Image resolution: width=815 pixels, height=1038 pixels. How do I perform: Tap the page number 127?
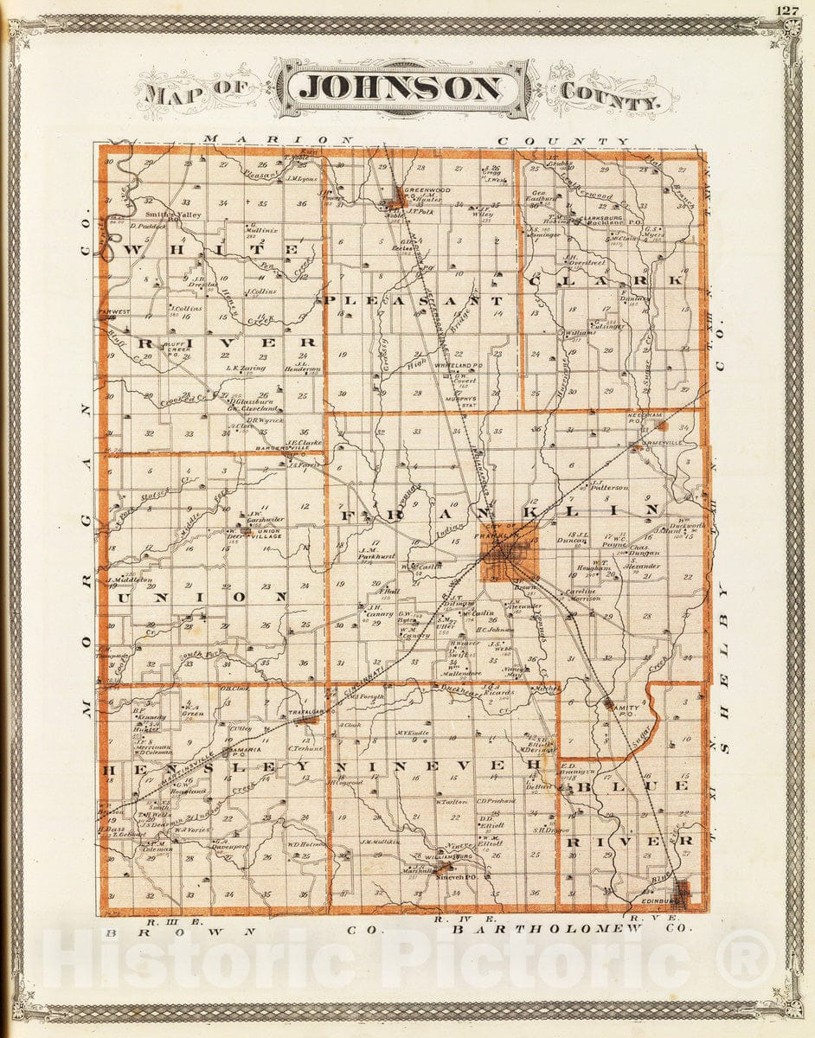point(787,10)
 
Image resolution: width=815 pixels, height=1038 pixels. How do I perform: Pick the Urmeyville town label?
point(654,447)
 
